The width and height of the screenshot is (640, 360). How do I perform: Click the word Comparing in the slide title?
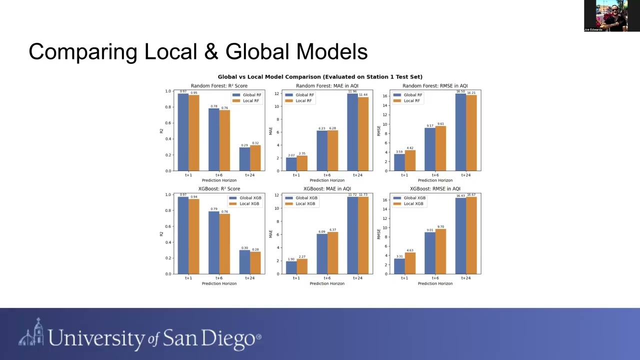tap(82, 52)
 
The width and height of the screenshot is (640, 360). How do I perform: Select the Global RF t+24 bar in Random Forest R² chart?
tap(244, 159)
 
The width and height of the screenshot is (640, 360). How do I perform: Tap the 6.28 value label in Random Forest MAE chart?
tap(332, 128)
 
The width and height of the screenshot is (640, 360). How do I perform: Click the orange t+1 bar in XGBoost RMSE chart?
tap(410, 263)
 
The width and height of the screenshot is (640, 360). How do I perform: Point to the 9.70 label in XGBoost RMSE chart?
tap(440, 227)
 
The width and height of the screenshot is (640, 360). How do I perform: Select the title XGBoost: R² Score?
tap(219, 189)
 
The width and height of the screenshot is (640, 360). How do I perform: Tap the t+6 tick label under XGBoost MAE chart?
tap(327, 278)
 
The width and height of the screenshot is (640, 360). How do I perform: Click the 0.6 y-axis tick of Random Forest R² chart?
tap(168, 123)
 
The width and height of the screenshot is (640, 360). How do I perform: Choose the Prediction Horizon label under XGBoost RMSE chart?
tap(435, 283)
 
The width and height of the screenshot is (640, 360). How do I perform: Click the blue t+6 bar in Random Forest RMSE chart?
tap(429, 149)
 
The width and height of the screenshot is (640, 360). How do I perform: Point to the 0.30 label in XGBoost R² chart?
tap(244, 248)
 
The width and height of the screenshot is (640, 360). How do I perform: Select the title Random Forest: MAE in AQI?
tap(327, 86)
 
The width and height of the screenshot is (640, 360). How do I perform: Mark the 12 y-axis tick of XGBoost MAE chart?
tap(277, 194)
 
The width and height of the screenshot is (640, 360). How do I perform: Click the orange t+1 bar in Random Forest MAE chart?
tap(301, 163)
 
